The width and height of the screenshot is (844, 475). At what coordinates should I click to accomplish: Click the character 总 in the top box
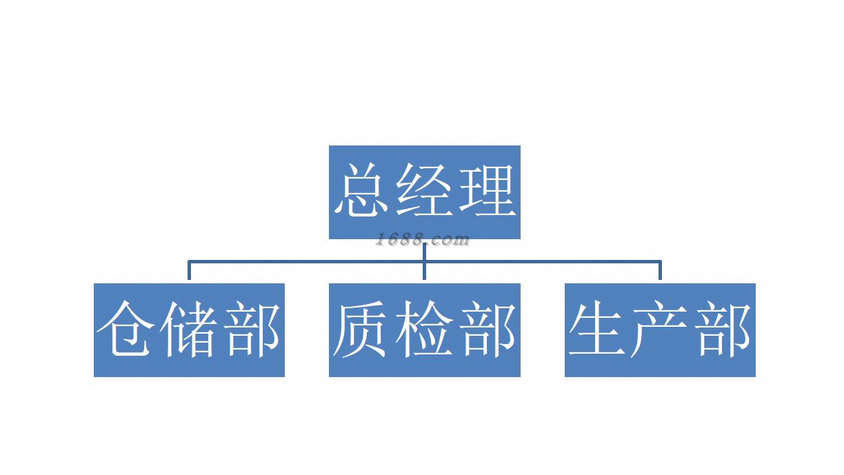(x=363, y=191)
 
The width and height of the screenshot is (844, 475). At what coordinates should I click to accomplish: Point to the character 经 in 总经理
(x=425, y=191)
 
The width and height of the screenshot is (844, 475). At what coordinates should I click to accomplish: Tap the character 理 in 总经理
(x=486, y=191)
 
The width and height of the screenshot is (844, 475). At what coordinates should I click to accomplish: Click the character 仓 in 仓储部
(x=125, y=329)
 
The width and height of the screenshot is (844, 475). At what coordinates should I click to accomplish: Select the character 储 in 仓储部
(x=188, y=329)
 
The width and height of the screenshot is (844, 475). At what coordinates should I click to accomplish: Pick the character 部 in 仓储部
(x=252, y=329)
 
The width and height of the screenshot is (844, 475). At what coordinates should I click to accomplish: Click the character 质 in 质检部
(x=360, y=329)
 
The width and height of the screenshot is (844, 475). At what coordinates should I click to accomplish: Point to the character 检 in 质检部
(x=424, y=329)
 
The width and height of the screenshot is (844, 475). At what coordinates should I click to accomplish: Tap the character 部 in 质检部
(x=488, y=329)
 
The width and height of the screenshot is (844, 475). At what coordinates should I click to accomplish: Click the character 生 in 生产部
(x=596, y=329)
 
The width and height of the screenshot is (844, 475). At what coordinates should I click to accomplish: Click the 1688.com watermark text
(x=423, y=240)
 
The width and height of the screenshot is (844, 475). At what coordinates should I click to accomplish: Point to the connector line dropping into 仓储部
(x=189, y=271)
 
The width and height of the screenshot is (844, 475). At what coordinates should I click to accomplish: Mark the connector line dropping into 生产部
(x=660, y=271)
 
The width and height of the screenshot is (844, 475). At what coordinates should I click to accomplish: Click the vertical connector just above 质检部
(x=424, y=273)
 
